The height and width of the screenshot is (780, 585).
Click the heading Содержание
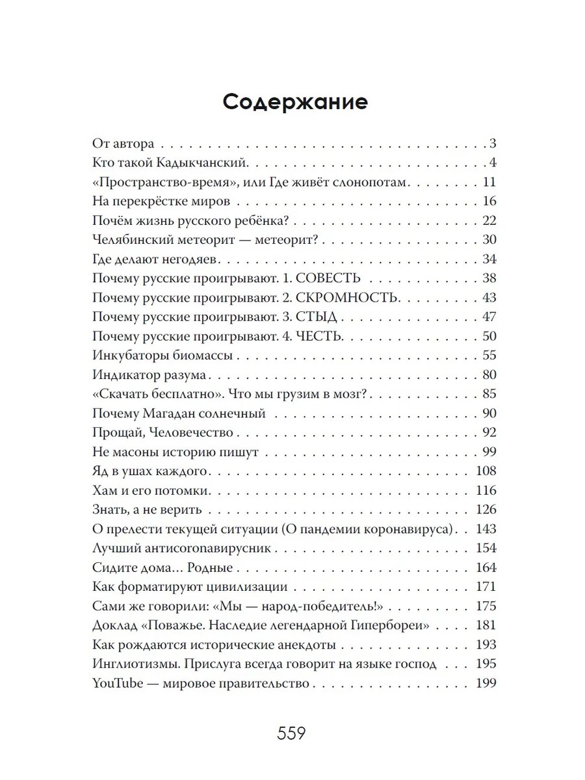295,102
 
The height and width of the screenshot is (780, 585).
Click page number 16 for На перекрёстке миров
489,200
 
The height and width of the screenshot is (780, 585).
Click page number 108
486,471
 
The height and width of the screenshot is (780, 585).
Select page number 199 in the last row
486,683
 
